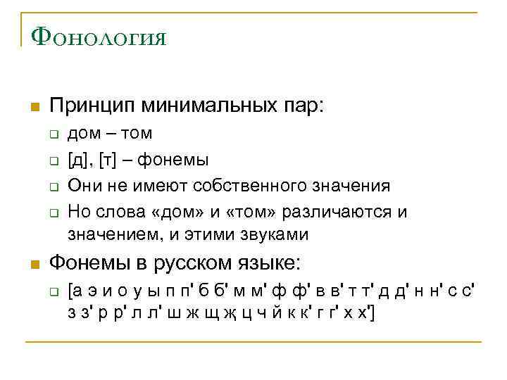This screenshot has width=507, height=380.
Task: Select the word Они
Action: point(82,186)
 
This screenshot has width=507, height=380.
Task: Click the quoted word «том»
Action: point(211,212)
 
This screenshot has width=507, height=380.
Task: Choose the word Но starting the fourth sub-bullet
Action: point(79,212)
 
